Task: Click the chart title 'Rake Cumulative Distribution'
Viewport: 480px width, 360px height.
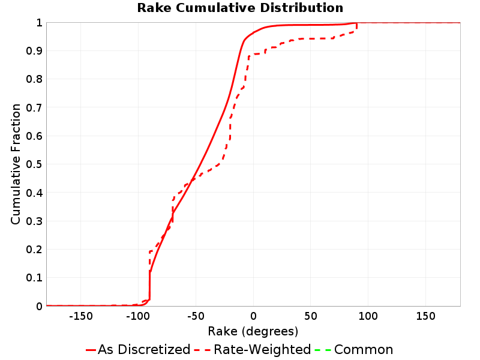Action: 240,8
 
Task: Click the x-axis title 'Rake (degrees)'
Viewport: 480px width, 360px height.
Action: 253,331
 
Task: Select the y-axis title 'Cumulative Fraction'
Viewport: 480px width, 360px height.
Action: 16,164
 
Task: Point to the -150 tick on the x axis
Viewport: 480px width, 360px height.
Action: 81,316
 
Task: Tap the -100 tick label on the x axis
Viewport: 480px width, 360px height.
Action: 138,316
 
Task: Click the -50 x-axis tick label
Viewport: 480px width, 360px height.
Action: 196,316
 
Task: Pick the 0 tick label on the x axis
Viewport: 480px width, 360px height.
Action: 253,316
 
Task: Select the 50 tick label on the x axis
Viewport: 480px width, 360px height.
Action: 311,316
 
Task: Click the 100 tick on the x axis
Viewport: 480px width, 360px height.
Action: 368,316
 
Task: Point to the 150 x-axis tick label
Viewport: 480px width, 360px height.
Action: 426,316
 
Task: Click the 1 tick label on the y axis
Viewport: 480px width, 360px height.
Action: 39,23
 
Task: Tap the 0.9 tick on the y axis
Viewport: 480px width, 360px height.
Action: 34,51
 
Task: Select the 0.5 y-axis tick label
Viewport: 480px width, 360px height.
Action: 34,164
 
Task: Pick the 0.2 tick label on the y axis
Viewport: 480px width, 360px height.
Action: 34,250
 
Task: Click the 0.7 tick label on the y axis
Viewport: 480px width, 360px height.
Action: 34,108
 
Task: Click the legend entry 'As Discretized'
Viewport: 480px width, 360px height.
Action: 144,350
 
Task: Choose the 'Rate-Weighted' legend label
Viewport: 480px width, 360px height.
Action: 262,350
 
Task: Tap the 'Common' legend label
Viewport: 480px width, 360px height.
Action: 364,350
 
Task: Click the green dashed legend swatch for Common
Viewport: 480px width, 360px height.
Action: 323,350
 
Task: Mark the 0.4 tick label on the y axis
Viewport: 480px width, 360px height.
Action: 34,193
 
